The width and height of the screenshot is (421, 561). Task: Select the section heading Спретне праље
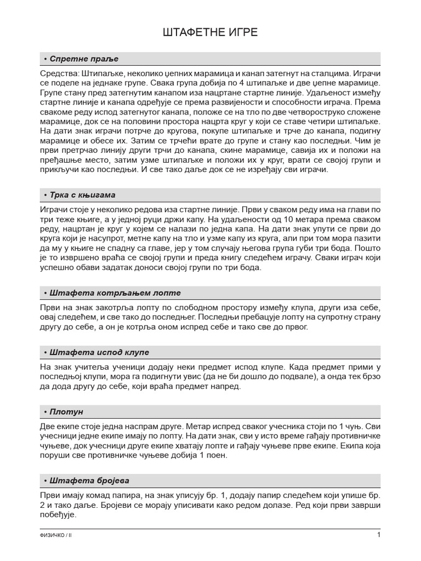coord(83,59)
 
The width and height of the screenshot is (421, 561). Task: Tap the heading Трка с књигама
coord(82,195)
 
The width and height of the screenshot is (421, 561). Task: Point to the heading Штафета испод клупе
coord(99,352)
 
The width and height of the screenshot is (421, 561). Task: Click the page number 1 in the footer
coord(378,535)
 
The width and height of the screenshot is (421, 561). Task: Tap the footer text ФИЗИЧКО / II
coord(56,535)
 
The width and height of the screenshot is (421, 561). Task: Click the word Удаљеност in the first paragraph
coord(300,92)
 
